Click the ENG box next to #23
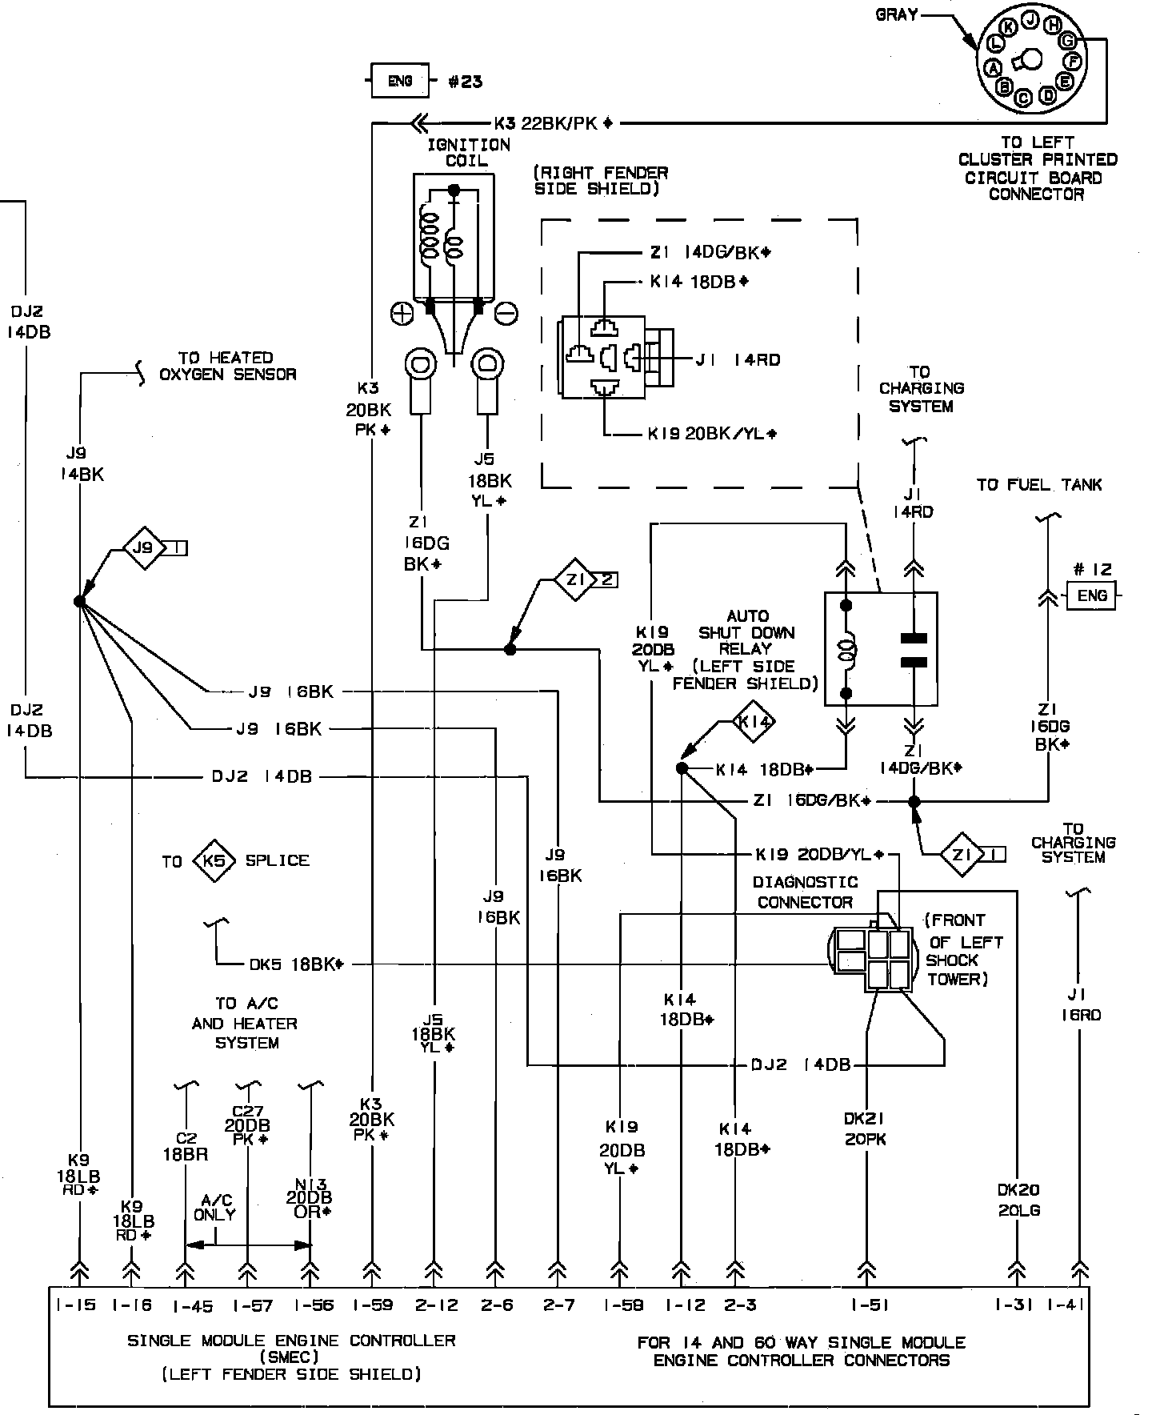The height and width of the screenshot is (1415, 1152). pos(399,81)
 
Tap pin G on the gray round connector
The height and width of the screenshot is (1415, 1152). pos(1066,39)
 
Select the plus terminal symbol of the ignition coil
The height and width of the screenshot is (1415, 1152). pos(402,314)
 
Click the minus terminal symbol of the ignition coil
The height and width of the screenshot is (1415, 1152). pos(506,314)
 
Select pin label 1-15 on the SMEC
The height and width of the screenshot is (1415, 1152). pos(76,1305)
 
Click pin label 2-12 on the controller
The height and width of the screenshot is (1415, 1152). pos(436,1305)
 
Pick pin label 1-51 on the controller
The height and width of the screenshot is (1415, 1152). pos(869,1305)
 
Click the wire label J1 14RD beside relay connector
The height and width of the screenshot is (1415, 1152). pos(738,360)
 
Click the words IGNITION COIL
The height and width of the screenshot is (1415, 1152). pos(469,153)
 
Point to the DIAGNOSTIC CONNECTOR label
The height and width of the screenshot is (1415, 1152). pos(806,892)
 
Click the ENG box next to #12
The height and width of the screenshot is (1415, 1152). pos(1092,595)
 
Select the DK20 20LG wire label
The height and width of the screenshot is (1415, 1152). pos(1018,1201)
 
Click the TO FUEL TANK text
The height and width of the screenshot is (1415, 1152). pos(1038,485)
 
